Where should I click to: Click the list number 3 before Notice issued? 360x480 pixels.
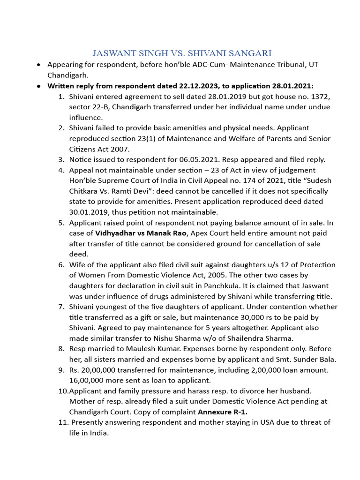[x=61, y=159]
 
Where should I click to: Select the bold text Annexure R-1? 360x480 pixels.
[x=223, y=412]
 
